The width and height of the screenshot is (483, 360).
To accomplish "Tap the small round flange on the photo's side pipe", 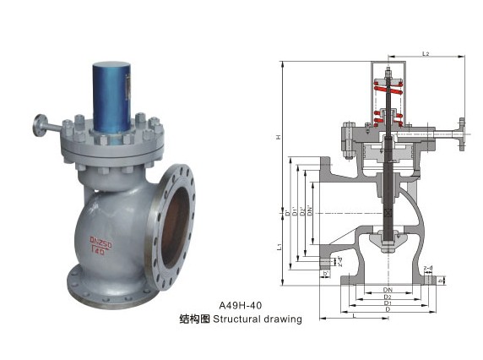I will tap(40, 128).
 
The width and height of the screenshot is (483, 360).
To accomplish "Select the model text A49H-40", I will tap(241, 305).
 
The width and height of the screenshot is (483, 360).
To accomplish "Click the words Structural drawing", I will tap(257, 319).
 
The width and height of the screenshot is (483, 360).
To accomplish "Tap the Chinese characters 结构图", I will tap(194, 319).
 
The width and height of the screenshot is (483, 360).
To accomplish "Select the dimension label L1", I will tap(280, 246).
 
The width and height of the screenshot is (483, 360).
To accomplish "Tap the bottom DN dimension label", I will tap(388, 289).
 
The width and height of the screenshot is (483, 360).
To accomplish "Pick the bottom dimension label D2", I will tap(388, 297).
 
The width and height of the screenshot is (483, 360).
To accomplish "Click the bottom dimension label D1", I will tap(388, 304).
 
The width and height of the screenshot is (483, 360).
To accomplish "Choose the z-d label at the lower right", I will tap(428, 267).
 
